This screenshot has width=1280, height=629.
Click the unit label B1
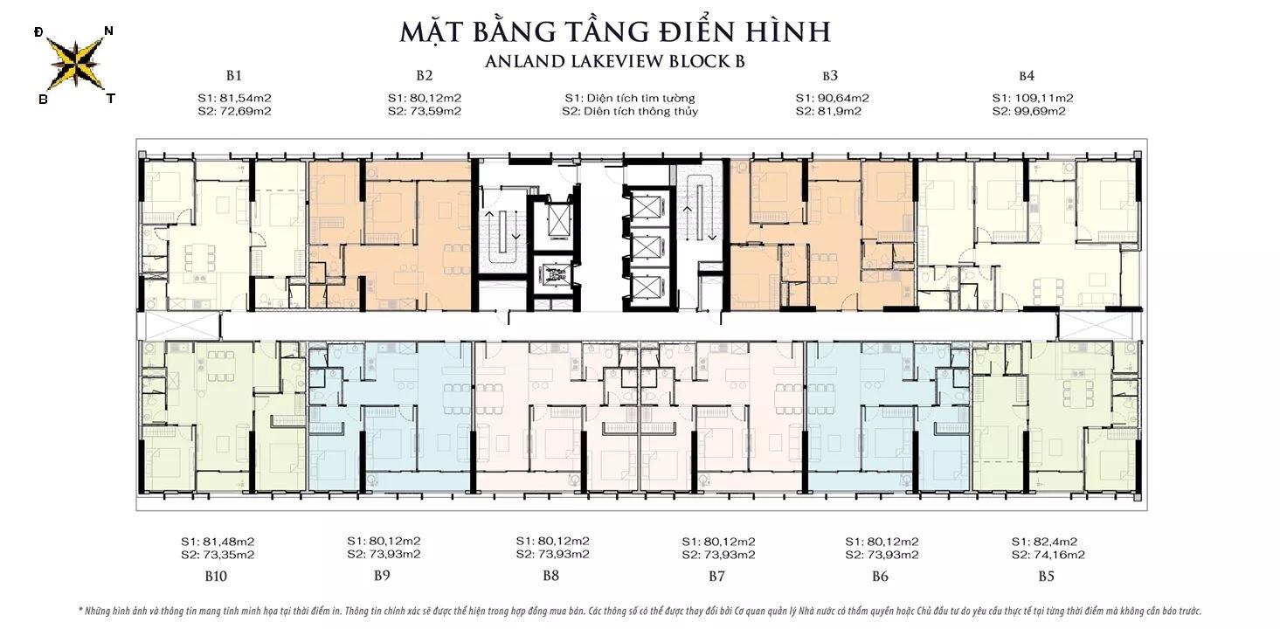(x=233, y=75)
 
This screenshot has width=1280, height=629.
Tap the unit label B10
(x=217, y=576)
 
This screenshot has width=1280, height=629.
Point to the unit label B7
(x=716, y=576)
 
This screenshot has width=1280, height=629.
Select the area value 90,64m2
(x=843, y=98)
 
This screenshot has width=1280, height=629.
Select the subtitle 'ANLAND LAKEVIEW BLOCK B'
(x=614, y=61)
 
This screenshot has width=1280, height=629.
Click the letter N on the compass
(x=108, y=31)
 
